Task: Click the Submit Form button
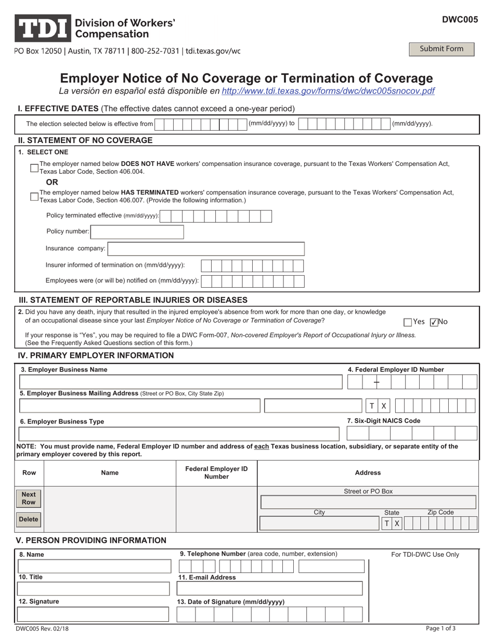point(441,49)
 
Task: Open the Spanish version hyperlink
point(328,91)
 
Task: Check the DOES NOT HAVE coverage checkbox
point(34,168)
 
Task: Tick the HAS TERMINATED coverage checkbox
point(34,196)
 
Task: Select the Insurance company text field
point(206,249)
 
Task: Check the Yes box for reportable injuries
point(408,322)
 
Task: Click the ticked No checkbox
point(435,322)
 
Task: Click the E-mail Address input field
point(270,588)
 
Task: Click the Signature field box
point(94,615)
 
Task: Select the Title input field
point(94,588)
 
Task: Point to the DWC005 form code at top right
point(460,20)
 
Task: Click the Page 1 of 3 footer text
point(440,628)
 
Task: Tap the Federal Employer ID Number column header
point(216,472)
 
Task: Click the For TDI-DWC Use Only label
point(425,555)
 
